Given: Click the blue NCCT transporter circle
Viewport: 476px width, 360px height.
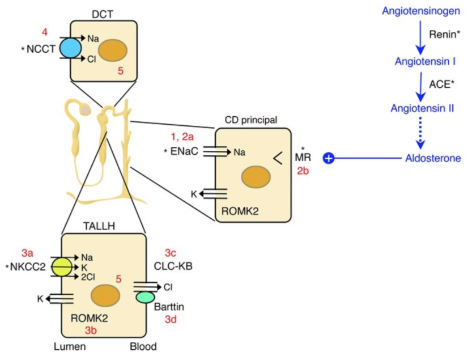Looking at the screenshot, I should tap(71, 48).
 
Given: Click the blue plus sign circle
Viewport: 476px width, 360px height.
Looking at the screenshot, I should tap(328, 159).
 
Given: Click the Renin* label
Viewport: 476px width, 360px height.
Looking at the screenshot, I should tap(444, 34).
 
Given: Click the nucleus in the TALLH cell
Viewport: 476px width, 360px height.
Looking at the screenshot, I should tap(105, 298).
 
